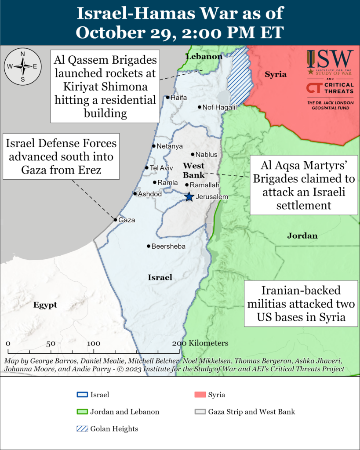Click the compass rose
[22, 66]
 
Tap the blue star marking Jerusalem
[189, 196]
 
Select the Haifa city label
[178, 97]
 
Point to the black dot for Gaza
[116, 220]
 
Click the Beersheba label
[168, 247]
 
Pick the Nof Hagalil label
[219, 107]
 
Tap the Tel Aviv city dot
[147, 168]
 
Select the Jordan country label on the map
[302, 236]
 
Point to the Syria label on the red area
[275, 74]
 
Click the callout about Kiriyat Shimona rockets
[105, 87]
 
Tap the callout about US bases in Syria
[301, 305]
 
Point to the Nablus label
[206, 155]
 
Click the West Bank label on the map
[193, 170]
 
